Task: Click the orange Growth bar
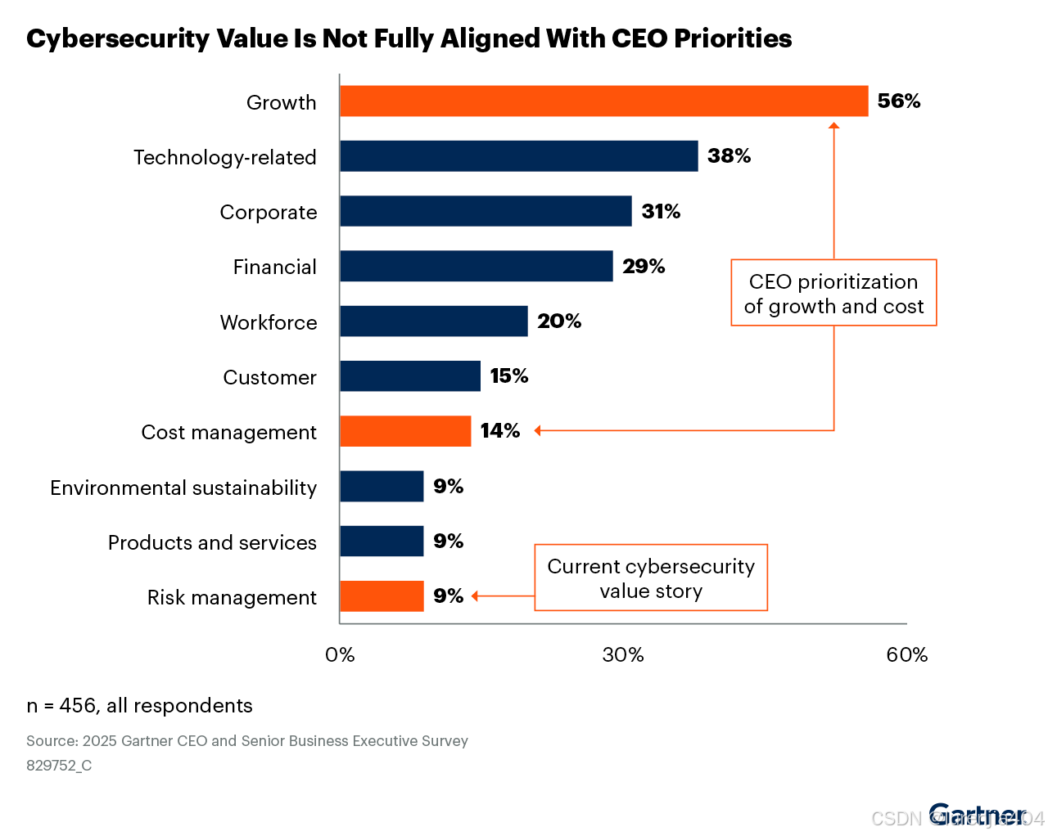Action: point(603,101)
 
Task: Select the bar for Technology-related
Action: point(518,156)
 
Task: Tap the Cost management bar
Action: point(405,431)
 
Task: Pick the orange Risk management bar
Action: point(382,596)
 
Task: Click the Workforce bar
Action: point(433,321)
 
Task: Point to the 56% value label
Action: point(898,101)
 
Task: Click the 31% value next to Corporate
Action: point(661,212)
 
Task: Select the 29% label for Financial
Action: point(644,267)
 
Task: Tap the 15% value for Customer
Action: point(508,376)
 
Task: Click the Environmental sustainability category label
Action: point(183,488)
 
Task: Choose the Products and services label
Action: point(212,543)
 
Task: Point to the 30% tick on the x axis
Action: point(623,655)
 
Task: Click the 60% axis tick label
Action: point(907,655)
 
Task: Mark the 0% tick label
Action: point(340,655)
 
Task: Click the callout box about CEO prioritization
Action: point(833,294)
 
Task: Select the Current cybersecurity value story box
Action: point(651,578)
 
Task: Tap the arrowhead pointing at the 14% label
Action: point(538,431)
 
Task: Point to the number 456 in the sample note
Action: point(77,706)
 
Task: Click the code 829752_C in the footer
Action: point(59,766)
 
